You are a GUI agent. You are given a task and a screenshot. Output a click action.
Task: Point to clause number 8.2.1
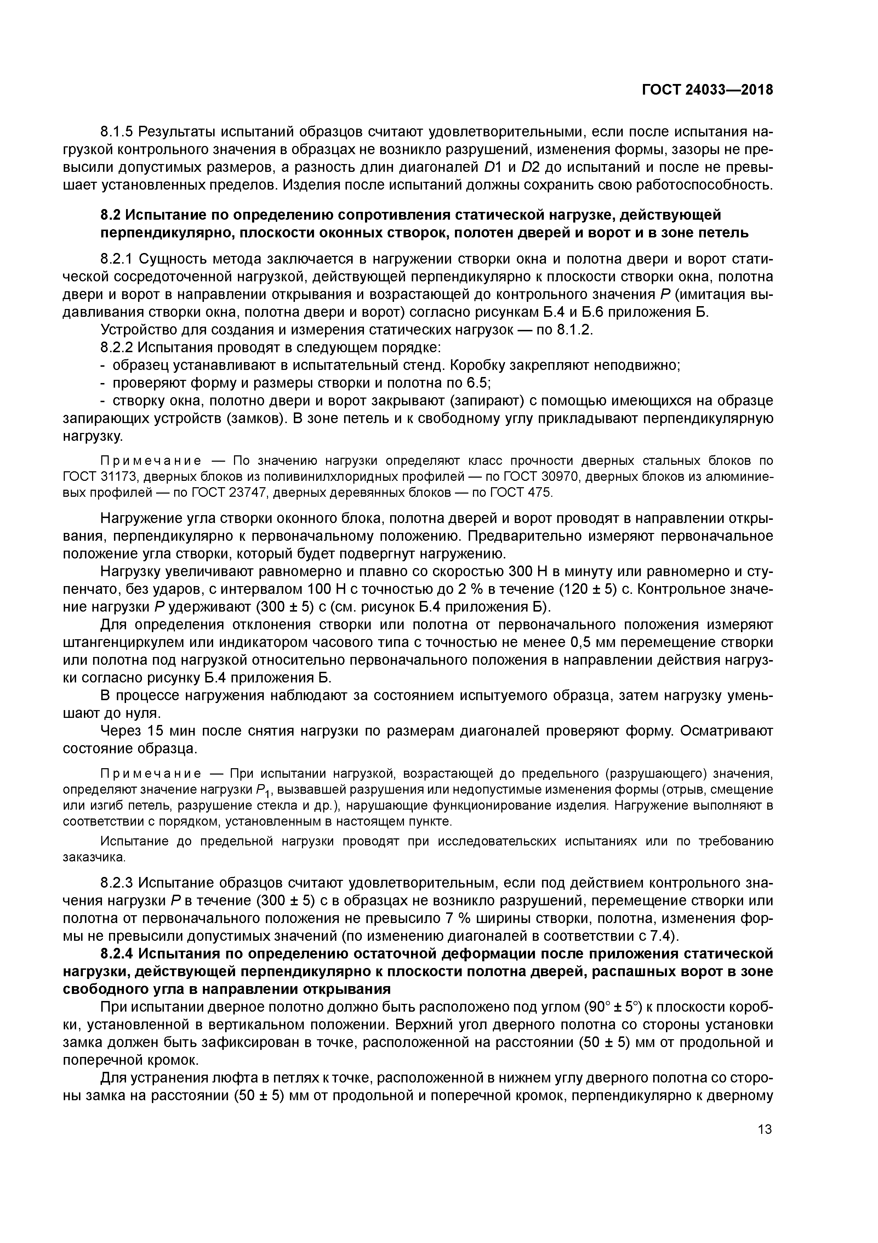[x=117, y=259]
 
